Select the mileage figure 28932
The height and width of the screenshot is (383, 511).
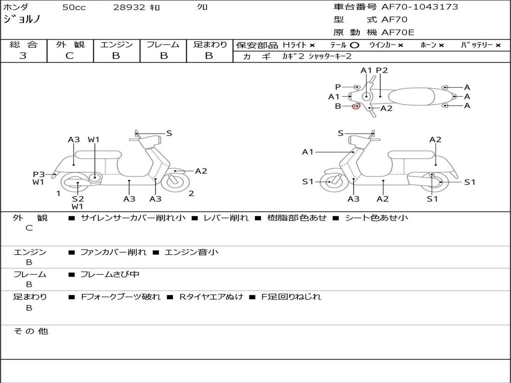click(x=129, y=7)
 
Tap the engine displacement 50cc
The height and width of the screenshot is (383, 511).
click(x=74, y=7)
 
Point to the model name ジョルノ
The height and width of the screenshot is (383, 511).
click(x=22, y=20)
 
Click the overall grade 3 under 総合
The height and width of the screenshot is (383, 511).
click(x=23, y=56)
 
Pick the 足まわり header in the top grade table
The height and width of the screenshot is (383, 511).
click(x=210, y=44)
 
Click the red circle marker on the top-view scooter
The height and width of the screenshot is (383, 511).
click(x=356, y=106)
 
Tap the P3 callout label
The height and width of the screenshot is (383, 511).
click(x=39, y=174)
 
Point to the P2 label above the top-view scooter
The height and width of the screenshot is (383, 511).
click(x=382, y=70)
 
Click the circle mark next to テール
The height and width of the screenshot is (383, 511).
click(x=355, y=45)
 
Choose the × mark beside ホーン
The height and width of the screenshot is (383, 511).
click(x=441, y=45)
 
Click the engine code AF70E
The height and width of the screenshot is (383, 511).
click(x=398, y=32)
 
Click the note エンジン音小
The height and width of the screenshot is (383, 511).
click(x=191, y=252)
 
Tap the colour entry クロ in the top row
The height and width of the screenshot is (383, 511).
click(x=203, y=7)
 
